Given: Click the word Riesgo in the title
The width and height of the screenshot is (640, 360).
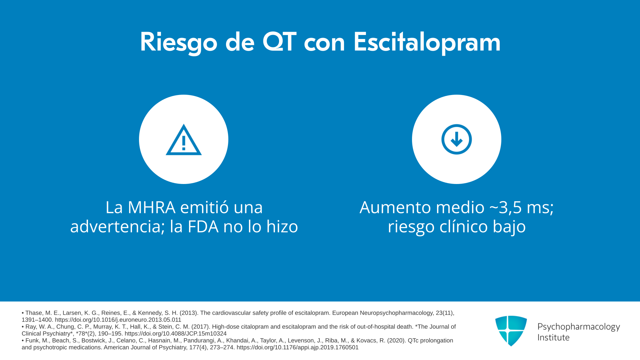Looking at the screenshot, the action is click(179, 43).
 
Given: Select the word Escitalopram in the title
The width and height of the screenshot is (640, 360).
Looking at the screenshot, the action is click(427, 43).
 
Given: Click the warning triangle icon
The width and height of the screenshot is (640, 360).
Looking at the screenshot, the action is click(184, 140).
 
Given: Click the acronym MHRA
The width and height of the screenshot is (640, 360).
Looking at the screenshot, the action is click(152, 207).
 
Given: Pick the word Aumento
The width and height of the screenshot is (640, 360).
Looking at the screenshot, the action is click(396, 207).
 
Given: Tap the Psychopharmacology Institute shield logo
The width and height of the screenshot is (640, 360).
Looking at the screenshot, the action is click(511, 331).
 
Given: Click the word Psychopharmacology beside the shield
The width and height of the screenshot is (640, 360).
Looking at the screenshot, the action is click(579, 327).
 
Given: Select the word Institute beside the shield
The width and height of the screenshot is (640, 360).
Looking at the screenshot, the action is click(553, 337).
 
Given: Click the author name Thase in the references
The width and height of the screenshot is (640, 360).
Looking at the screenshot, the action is click(34, 313).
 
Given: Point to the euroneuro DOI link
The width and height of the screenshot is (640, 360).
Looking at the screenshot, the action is click(118, 320).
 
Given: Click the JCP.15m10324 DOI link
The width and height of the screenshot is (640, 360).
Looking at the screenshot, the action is click(176, 334).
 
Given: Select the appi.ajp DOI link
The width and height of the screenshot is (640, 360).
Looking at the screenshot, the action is click(298, 347).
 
